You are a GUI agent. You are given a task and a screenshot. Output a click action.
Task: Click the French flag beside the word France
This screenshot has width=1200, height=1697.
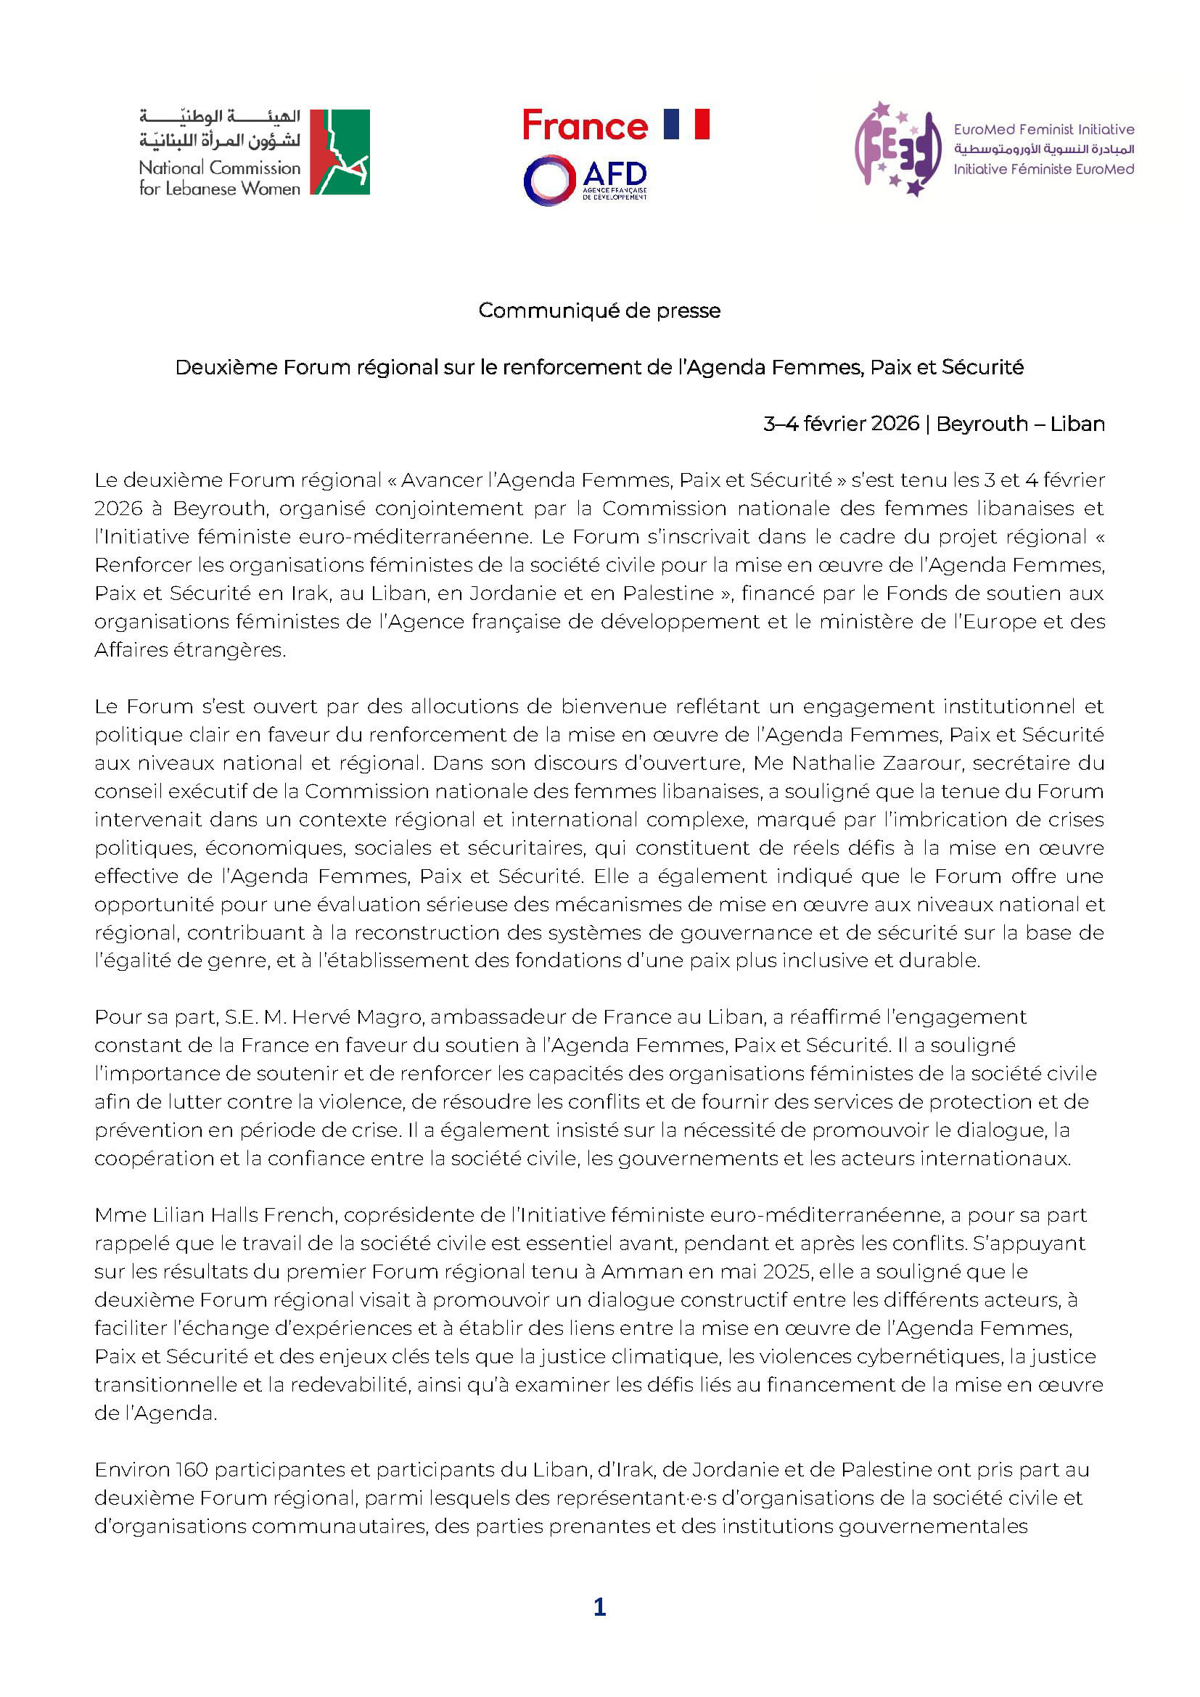(686, 124)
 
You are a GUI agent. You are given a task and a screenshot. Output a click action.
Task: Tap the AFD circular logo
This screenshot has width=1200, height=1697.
(549, 180)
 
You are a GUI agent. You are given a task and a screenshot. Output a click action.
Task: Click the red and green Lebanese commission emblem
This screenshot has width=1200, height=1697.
(339, 152)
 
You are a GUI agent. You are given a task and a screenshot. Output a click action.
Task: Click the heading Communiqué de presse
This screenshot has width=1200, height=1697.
(599, 311)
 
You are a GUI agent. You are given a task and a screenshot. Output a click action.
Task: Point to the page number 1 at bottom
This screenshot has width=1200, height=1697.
(599, 1607)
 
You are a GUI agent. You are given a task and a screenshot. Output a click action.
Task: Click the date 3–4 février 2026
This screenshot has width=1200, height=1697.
(841, 424)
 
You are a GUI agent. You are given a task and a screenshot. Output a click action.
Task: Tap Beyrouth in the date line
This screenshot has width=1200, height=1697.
(982, 424)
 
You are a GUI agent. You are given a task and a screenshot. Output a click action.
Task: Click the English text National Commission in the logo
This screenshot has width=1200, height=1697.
(219, 168)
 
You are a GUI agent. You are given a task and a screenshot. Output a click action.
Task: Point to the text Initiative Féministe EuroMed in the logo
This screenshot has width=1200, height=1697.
(1043, 169)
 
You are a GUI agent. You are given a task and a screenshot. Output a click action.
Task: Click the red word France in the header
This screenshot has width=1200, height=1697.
(585, 126)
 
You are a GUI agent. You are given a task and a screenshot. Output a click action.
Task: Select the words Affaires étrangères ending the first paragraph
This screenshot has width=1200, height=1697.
(189, 649)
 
